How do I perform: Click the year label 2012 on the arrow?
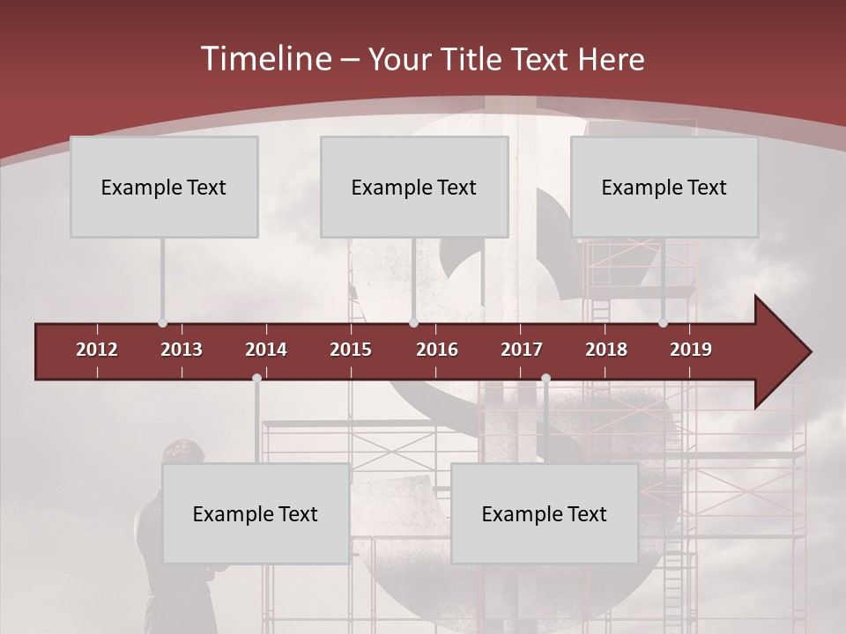97,350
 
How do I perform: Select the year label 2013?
182,350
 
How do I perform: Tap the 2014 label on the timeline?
266,350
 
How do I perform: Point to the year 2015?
351,350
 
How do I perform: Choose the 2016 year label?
437,350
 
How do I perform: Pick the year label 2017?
522,350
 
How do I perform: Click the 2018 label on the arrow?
606,350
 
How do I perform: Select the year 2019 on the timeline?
691,350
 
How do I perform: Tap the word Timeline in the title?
266,59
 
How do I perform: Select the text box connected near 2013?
164,187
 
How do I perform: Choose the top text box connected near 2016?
414,187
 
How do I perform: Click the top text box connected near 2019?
664,187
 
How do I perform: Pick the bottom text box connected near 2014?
256,513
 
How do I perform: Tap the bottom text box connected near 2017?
545,513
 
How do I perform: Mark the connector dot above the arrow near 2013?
162,323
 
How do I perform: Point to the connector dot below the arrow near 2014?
256,379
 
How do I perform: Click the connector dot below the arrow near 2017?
545,379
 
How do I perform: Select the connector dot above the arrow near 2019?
664,323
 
